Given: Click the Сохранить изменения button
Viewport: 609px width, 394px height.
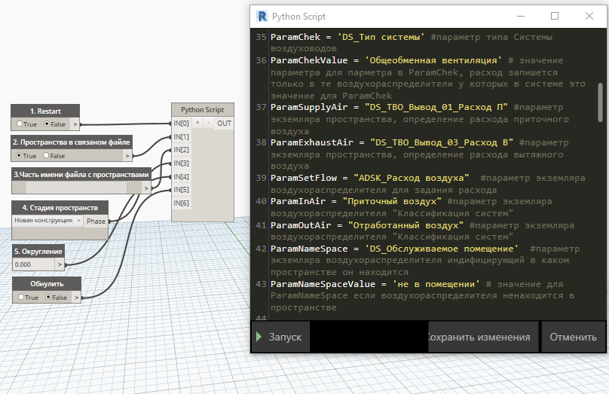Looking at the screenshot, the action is (483, 337).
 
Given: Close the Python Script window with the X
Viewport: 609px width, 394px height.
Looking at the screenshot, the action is (589, 16).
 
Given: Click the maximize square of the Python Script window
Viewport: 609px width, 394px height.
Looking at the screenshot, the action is (555, 16).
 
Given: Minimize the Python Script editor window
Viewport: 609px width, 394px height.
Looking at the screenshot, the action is (521, 16).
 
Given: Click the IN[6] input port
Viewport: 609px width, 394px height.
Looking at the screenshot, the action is (181, 203).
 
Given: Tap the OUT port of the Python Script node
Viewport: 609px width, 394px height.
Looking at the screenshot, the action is (224, 124).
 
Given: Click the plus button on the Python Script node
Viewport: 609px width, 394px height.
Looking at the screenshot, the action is (197, 123).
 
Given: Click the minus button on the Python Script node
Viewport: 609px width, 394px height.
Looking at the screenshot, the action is (209, 123).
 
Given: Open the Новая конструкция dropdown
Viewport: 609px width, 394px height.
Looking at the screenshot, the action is (47, 221).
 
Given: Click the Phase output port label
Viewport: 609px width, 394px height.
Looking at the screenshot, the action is (96, 221).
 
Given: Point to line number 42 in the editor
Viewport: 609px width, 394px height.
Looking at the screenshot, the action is (261, 249).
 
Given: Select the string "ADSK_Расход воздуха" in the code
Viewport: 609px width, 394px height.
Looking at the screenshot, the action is (412, 178).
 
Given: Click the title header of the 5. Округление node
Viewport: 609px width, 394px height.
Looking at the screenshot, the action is (38, 251).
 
